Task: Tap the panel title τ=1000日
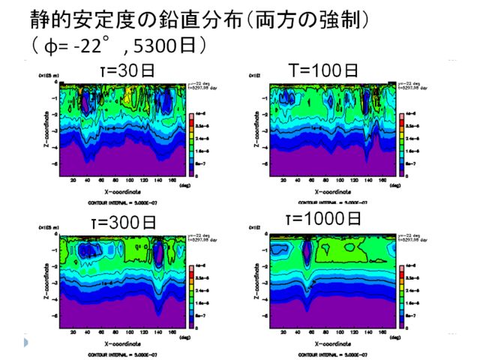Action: pyautogui.click(x=323, y=220)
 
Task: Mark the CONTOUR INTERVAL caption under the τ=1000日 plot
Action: pyautogui.click(x=324, y=352)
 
